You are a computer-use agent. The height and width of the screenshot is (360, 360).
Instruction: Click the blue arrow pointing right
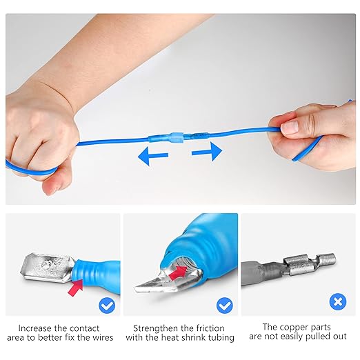coord(206,151)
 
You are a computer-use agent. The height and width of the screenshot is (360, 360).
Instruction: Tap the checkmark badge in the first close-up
coord(106,303)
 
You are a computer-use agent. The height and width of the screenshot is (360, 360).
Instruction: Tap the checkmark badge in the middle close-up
coord(224,303)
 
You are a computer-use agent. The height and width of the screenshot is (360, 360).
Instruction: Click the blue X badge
coord(337,301)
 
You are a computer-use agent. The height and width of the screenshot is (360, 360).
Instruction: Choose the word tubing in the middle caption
coord(220,338)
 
